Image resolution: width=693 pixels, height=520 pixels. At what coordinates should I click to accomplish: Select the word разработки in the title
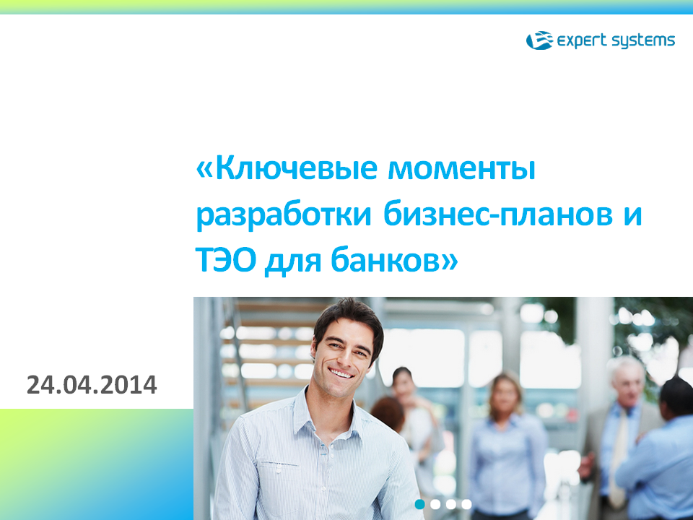(x=283, y=216)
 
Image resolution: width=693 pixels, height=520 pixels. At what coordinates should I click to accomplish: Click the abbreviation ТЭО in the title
(x=226, y=260)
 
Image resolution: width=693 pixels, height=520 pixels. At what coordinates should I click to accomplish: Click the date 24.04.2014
(x=92, y=385)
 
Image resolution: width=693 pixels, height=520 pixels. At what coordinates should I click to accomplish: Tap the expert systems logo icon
(x=539, y=40)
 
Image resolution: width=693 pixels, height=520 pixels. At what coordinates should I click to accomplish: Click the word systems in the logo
(x=643, y=41)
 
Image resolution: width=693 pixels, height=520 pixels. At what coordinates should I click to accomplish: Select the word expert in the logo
(x=582, y=41)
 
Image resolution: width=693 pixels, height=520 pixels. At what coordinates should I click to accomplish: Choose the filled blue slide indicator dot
(x=420, y=504)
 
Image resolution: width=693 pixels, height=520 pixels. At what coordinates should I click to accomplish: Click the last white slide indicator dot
(x=466, y=504)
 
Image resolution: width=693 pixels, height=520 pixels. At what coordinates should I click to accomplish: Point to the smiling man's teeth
(x=341, y=373)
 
